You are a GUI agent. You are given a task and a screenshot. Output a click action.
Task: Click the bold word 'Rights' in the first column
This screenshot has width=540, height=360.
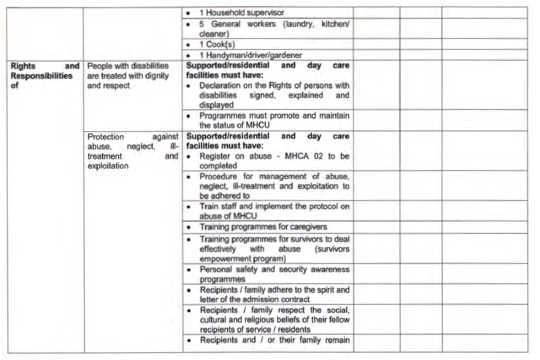click(x=24, y=66)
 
